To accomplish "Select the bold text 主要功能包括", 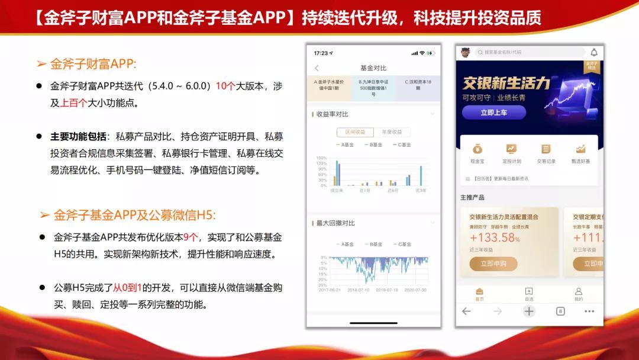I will click(78, 136).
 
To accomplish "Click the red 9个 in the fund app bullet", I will click(191, 237).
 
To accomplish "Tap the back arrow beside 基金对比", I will click(317, 68).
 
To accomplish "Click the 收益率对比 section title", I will click(332, 114).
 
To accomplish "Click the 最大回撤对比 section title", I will click(335, 223).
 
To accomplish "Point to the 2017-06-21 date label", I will click(330, 290).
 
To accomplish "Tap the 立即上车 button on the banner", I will click(493, 112).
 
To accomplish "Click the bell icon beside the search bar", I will click(594, 52).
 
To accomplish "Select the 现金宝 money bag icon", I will click(477, 149).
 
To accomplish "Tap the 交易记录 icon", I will click(546, 149).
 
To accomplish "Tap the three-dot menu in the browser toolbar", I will click(589, 311).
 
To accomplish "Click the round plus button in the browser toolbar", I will click(529, 311).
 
